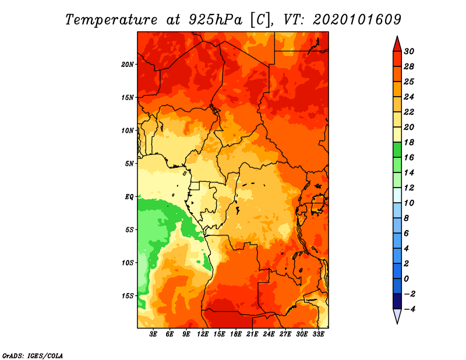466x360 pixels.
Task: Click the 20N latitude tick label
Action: (x=128, y=64)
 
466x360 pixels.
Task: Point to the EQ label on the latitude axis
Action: (x=129, y=196)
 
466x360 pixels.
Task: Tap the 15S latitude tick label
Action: (x=128, y=295)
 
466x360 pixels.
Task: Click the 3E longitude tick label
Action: (x=153, y=335)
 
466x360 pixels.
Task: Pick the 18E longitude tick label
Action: (x=236, y=335)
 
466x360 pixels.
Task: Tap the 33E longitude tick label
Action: (x=319, y=335)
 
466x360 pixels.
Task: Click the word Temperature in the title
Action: (x=111, y=20)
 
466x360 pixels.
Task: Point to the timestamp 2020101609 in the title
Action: (x=357, y=20)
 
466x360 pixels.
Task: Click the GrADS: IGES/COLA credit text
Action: (x=33, y=355)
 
